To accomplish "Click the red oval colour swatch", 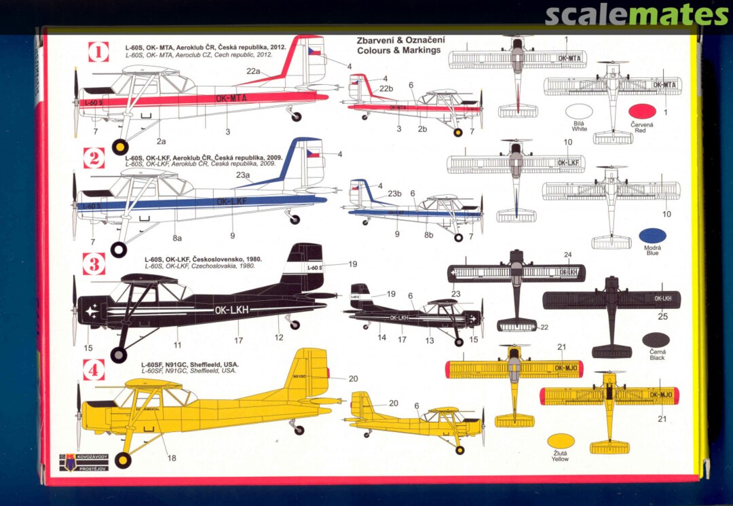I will (x=641, y=111).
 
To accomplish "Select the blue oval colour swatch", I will (x=652, y=236).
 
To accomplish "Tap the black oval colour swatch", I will (x=656, y=340).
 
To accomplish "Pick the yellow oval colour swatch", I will (x=561, y=441).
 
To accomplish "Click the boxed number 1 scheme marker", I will (x=98, y=52).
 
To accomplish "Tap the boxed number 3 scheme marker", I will (x=94, y=264).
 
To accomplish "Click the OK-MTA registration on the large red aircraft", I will (x=231, y=98).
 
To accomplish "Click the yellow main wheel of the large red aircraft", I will (x=120, y=147).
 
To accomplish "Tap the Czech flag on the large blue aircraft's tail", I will (x=313, y=153).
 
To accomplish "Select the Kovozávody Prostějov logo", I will (x=83, y=462).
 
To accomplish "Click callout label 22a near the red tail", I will (x=253, y=71).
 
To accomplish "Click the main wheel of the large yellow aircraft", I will (x=123, y=460).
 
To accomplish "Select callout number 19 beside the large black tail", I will (x=353, y=264).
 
